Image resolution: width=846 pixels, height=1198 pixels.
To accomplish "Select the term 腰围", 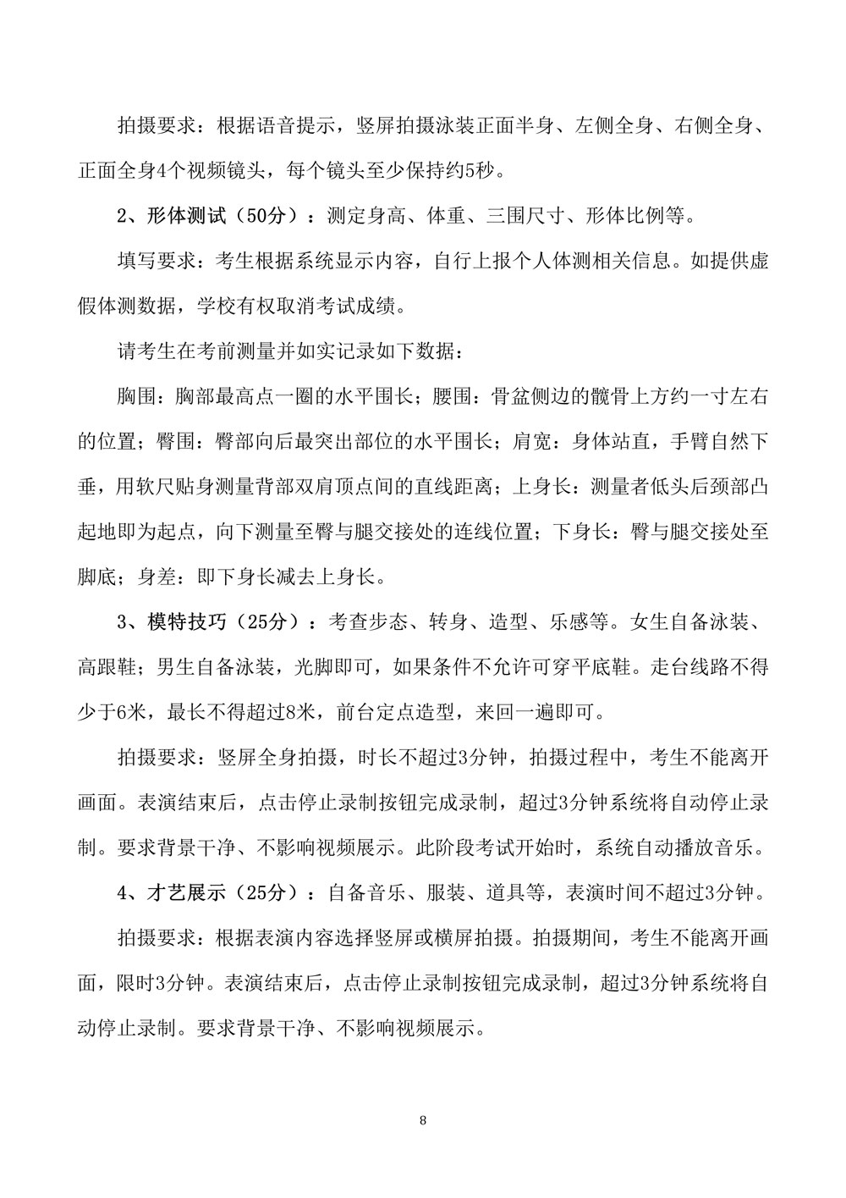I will coord(499,396).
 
